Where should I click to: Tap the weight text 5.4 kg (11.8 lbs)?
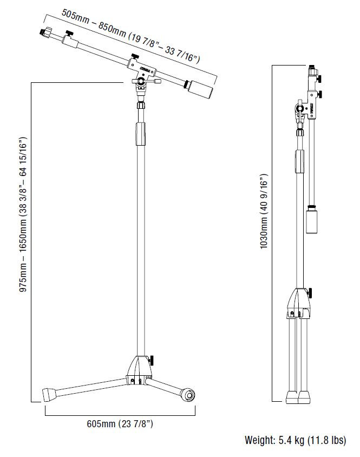pos(295,441)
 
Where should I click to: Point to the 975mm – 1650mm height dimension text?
pos(23,215)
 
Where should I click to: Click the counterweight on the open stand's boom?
pos(199,89)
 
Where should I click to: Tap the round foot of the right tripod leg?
pos(188,395)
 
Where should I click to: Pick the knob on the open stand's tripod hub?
pos(153,360)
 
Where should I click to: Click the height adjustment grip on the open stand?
pos(140,134)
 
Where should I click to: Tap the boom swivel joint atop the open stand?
pos(142,82)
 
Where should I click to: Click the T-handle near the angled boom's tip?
pos(68,36)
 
